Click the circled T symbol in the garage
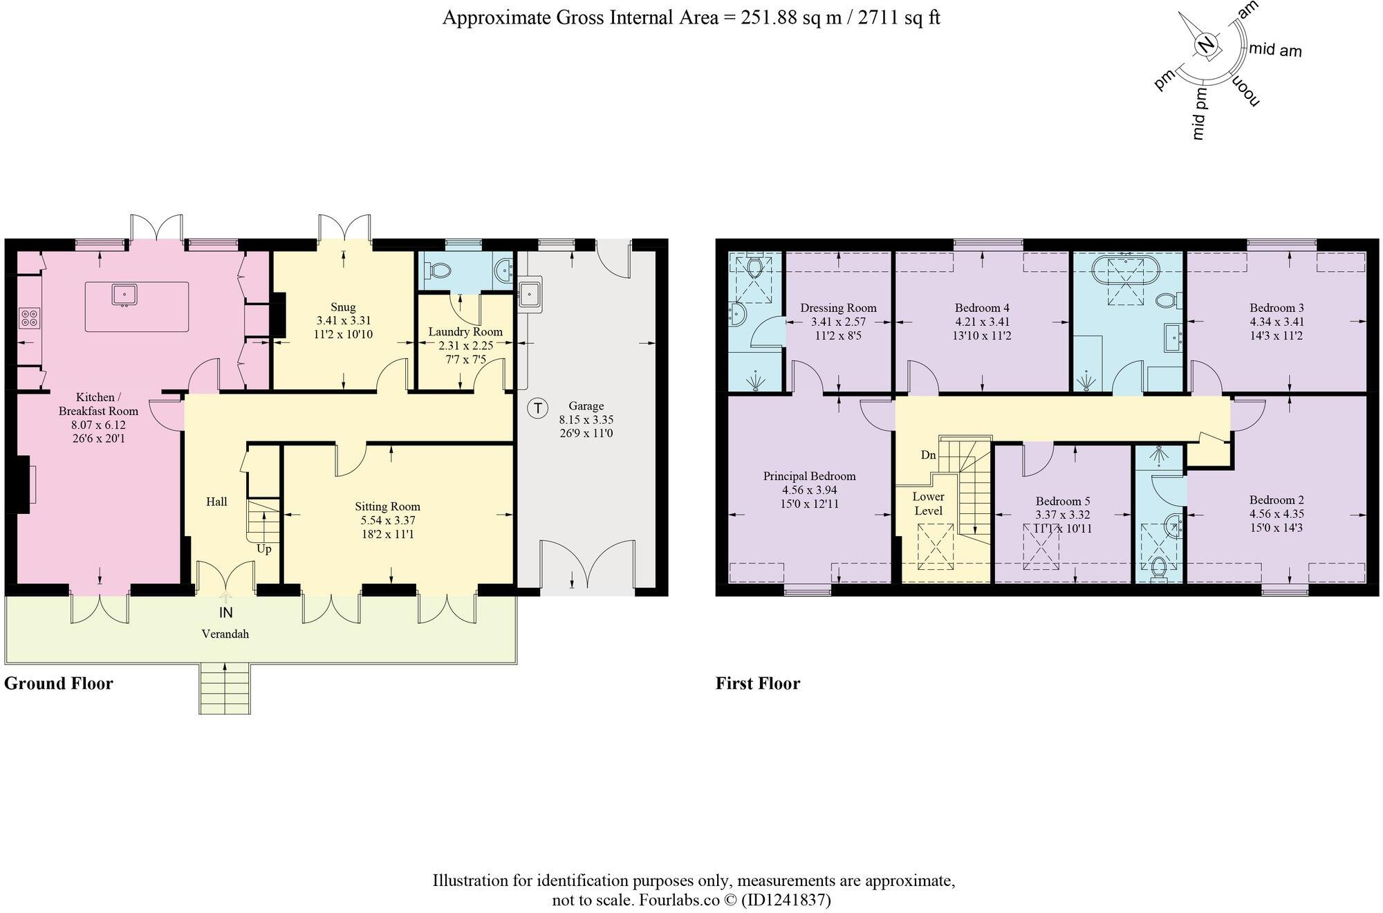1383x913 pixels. [537, 408]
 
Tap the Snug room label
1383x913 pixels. [343, 307]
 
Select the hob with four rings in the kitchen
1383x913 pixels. [30, 317]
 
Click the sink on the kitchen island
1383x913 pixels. [125, 295]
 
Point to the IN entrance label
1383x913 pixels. [226, 613]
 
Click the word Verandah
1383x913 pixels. [225, 634]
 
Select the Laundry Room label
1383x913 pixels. [465, 331]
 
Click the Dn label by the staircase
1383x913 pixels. [928, 455]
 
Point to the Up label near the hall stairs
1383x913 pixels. [263, 549]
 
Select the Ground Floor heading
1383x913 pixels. [59, 683]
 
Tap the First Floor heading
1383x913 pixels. [757, 683]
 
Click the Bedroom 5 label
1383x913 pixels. [1062, 501]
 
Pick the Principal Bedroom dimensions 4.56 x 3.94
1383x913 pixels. [809, 490]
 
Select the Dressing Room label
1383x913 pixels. [838, 308]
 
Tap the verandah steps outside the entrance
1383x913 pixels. [225, 688]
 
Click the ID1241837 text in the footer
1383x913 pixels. [786, 900]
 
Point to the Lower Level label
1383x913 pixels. [928, 504]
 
